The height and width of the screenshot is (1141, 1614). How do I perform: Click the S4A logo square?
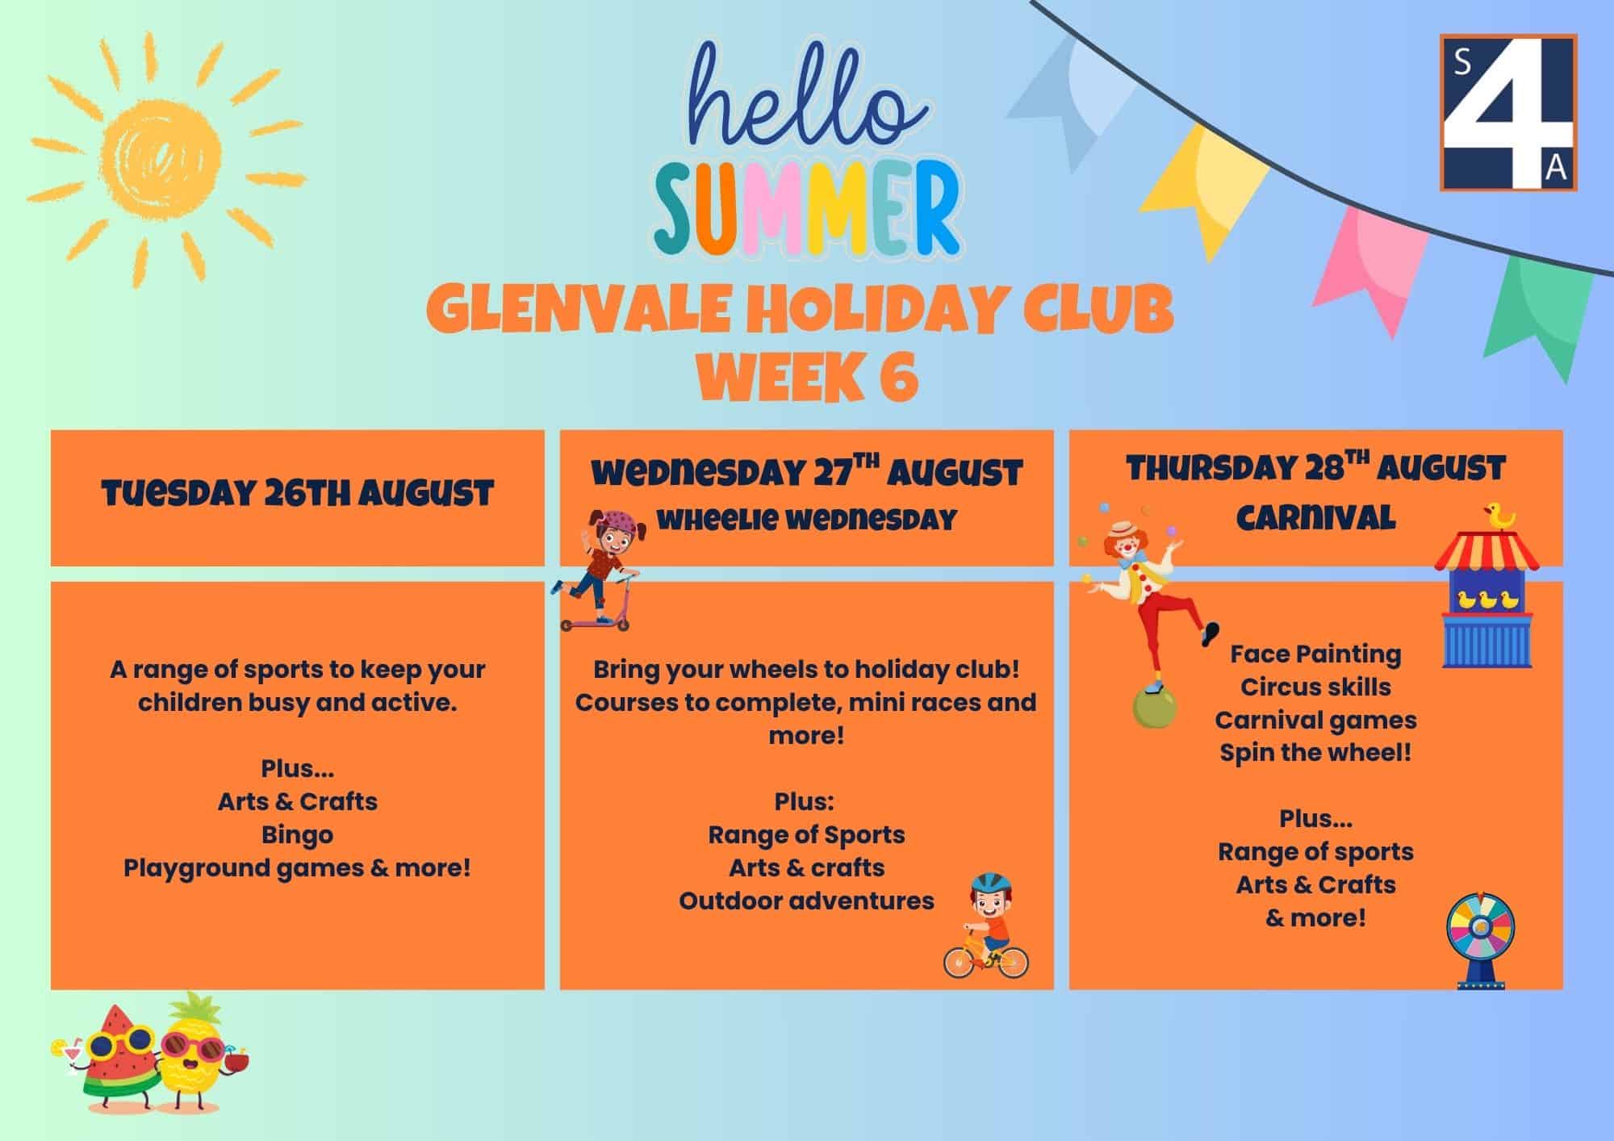coord(1508,112)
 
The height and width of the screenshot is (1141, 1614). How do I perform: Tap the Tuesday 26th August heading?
coord(298,493)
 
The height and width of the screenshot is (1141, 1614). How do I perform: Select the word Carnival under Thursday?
coord(1315,517)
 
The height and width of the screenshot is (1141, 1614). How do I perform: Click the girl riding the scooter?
coord(597,570)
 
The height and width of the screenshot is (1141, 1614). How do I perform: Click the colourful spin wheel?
coord(1480,940)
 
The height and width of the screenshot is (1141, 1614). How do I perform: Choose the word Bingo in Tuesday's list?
coord(297,835)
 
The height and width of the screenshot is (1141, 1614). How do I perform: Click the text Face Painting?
coord(1315,654)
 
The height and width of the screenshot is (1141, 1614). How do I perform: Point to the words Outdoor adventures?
coord(806,901)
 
